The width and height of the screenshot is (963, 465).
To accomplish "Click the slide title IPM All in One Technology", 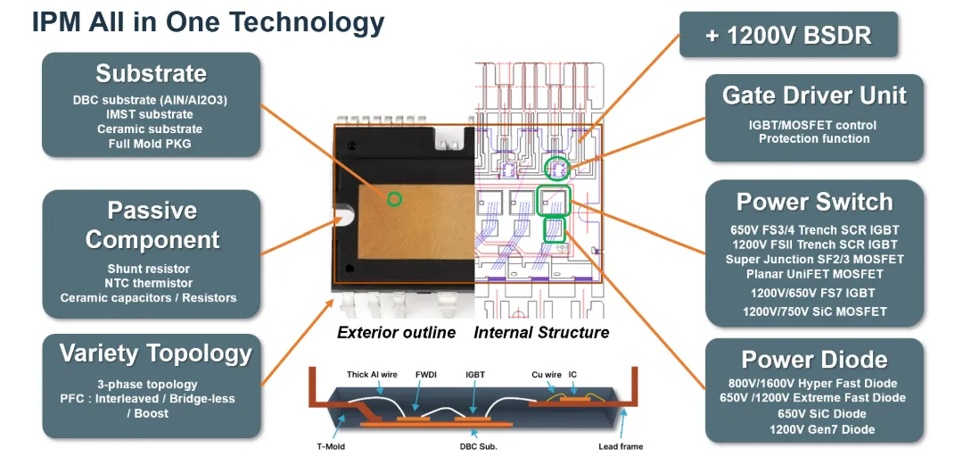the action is pyautogui.click(x=208, y=23).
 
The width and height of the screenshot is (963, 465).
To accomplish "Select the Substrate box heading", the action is pyautogui.click(x=151, y=74).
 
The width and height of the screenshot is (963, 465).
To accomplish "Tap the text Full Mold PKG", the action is pyautogui.click(x=150, y=144).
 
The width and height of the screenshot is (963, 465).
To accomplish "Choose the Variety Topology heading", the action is pyautogui.click(x=155, y=353).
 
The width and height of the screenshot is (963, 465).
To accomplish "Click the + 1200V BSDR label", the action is pyautogui.click(x=788, y=35).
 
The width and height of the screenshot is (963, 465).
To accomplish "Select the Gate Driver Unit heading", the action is pyautogui.click(x=814, y=95).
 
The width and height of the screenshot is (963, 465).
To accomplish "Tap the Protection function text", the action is pyautogui.click(x=814, y=139).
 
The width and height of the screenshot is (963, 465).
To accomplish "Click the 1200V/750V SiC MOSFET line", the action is pyautogui.click(x=814, y=311).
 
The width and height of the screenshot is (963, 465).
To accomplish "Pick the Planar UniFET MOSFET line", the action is pyautogui.click(x=814, y=274).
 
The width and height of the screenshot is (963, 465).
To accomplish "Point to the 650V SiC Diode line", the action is pyautogui.click(x=814, y=414).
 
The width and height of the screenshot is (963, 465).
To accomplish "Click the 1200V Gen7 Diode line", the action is pyautogui.click(x=814, y=429).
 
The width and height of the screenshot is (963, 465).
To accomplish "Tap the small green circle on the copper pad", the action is pyautogui.click(x=394, y=199).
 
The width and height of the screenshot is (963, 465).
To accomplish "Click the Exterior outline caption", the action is pyautogui.click(x=396, y=333).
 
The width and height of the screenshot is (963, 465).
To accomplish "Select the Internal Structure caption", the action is pyautogui.click(x=541, y=333).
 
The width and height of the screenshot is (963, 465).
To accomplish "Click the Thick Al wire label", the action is pyautogui.click(x=372, y=374).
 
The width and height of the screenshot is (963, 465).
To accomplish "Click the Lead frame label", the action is pyautogui.click(x=621, y=446).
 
